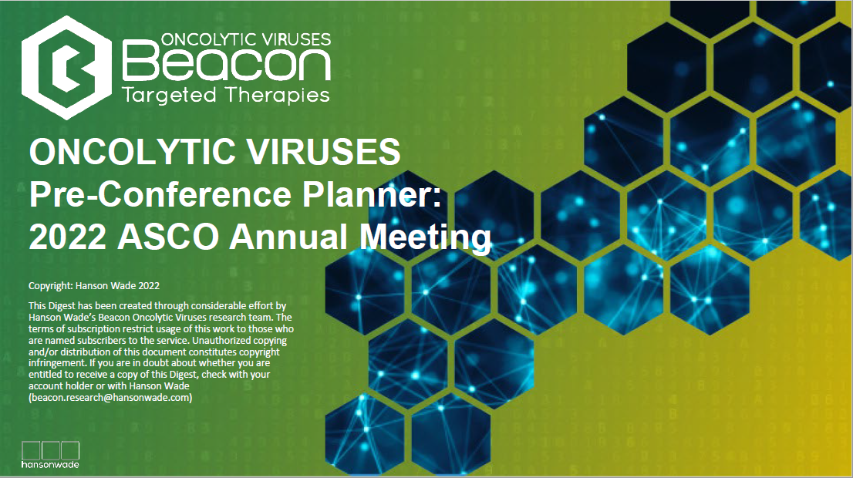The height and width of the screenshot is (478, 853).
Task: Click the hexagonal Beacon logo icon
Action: pos(67,67)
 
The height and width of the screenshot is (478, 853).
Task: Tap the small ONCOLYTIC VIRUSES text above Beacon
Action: pos(246,39)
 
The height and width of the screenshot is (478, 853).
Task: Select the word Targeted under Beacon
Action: pos(169,95)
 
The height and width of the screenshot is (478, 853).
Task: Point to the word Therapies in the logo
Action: pos(277,95)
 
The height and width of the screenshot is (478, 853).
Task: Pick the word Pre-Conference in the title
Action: pos(160,194)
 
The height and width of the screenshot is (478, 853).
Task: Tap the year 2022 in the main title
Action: pos(67,237)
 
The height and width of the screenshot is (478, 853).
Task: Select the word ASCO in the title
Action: pos(168,237)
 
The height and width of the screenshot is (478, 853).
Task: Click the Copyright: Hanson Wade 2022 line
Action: pos(94,285)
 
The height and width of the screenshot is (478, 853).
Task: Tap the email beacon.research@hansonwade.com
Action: pos(110,398)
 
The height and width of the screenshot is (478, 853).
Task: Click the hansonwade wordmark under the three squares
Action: pos(50,464)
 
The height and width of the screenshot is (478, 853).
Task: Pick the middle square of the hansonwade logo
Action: pos(51,450)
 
